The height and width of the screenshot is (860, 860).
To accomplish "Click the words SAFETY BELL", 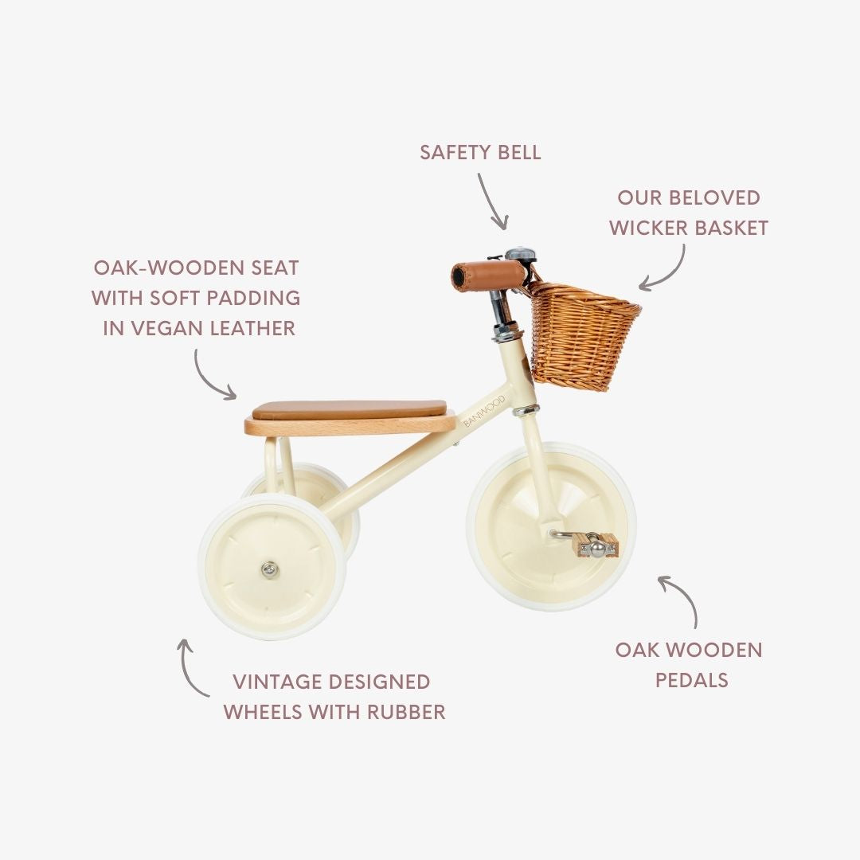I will click(x=480, y=152).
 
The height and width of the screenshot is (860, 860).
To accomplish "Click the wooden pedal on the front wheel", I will click(x=595, y=545).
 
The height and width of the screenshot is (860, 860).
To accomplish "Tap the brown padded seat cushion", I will click(x=350, y=410).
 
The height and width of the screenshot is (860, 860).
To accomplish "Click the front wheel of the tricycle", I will click(x=551, y=526).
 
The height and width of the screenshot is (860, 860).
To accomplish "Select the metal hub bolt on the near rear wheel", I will click(x=271, y=569).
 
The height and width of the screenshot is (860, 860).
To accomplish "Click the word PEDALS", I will click(x=691, y=680).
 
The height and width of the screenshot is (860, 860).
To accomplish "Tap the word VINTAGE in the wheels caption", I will click(x=279, y=682).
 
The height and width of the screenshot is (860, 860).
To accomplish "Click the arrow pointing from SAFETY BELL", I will click(x=494, y=201).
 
